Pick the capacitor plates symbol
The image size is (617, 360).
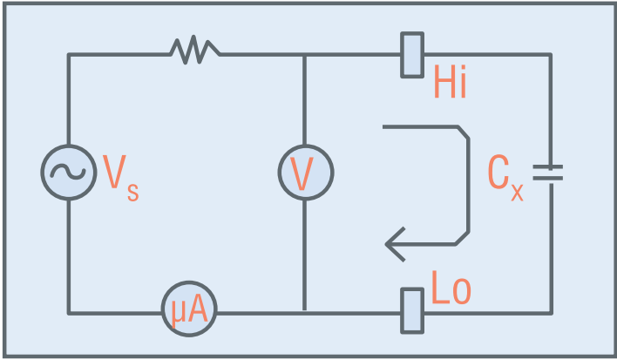tap(548, 173)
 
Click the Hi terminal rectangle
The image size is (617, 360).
tap(412, 55)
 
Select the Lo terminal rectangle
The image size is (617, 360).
tap(412, 311)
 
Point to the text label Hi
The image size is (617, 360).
tap(451, 81)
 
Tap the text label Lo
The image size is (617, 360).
tap(451, 288)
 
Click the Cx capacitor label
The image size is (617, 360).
tap(505, 178)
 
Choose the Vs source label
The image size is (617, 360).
tap(121, 178)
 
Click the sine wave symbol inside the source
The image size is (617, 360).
tap(68, 172)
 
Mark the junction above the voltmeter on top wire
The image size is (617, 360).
tap(304, 55)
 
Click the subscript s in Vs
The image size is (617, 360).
tap(133, 192)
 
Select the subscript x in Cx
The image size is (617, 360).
tap(517, 192)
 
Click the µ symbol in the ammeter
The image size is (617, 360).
tap(178, 313)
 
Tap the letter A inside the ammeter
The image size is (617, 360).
tap(196, 309)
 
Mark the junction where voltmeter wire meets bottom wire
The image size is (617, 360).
tap(304, 313)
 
